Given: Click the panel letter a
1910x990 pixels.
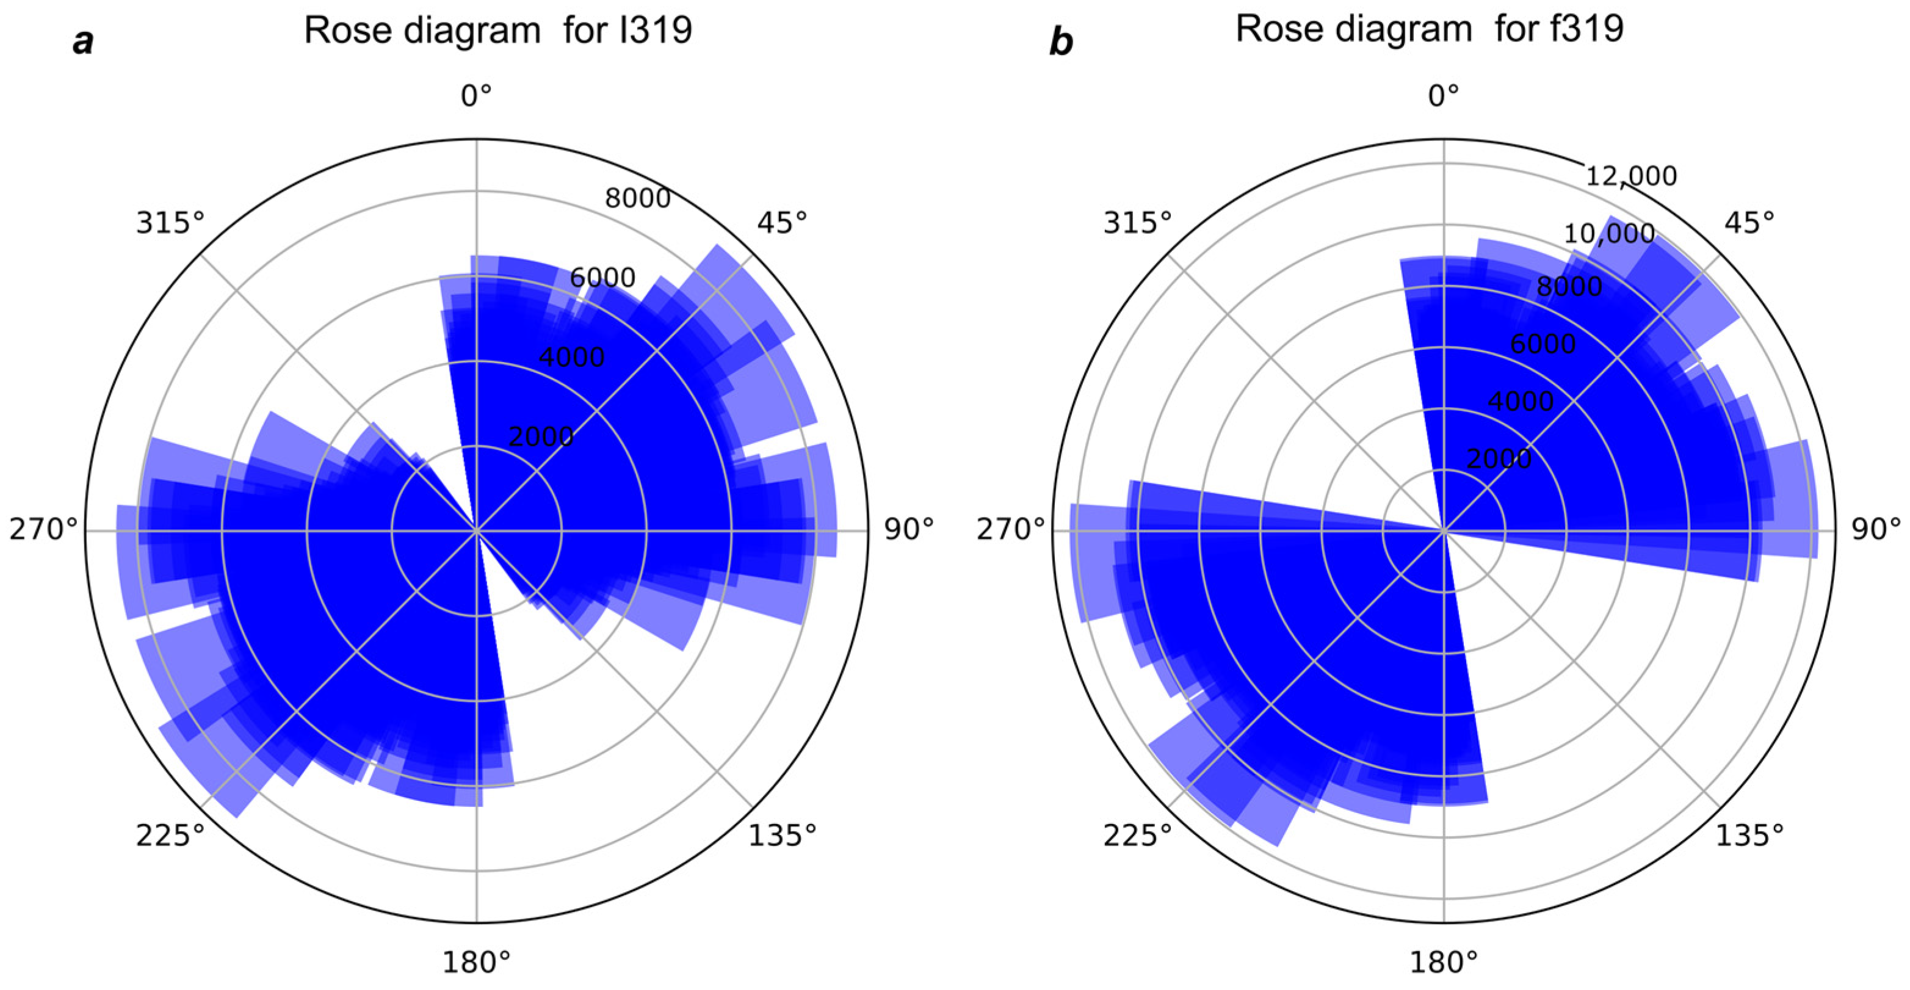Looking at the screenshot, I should click(x=83, y=42).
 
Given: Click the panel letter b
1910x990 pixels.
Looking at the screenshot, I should click(x=1061, y=42).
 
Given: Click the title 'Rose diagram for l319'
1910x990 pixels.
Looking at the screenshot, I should click(x=498, y=31).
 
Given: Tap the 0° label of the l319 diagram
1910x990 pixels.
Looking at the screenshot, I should click(x=476, y=96).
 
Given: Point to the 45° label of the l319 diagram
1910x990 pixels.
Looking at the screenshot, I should click(x=782, y=222).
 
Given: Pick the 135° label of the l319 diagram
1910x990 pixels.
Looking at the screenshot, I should click(x=782, y=836).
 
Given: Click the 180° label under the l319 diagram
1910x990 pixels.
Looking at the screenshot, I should click(x=477, y=963).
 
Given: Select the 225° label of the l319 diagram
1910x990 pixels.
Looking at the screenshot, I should click(x=170, y=836).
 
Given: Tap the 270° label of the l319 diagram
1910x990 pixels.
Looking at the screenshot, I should click(x=43, y=529).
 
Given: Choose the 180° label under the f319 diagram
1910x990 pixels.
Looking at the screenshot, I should click(x=1444, y=963).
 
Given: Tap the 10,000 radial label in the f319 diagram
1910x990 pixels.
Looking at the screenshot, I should click(x=1609, y=234).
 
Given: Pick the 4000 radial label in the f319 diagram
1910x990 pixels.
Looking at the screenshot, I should click(x=1521, y=401).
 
